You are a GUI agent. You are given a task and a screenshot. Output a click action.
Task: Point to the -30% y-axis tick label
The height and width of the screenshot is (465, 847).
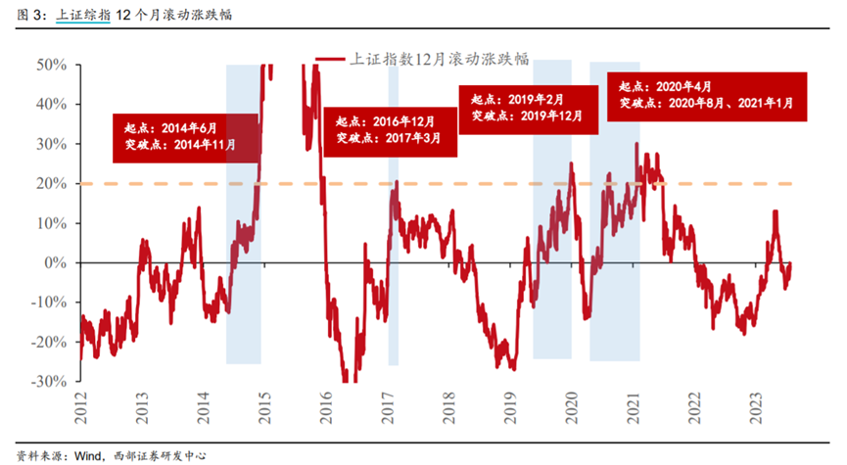click(49, 382)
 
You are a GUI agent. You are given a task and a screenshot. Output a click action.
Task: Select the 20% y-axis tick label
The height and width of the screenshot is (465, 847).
click(52, 184)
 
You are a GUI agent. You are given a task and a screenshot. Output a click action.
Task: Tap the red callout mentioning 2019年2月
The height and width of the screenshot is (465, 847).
click(527, 108)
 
